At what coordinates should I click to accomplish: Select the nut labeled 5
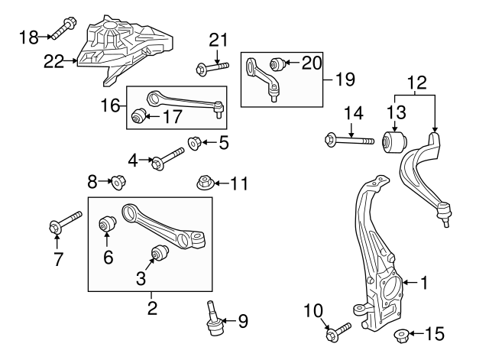(x=196, y=142)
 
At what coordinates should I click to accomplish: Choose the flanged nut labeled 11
(x=204, y=183)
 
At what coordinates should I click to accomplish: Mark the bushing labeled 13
(x=394, y=141)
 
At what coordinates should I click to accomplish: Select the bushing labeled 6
(x=107, y=226)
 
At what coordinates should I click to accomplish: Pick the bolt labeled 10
(x=337, y=332)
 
